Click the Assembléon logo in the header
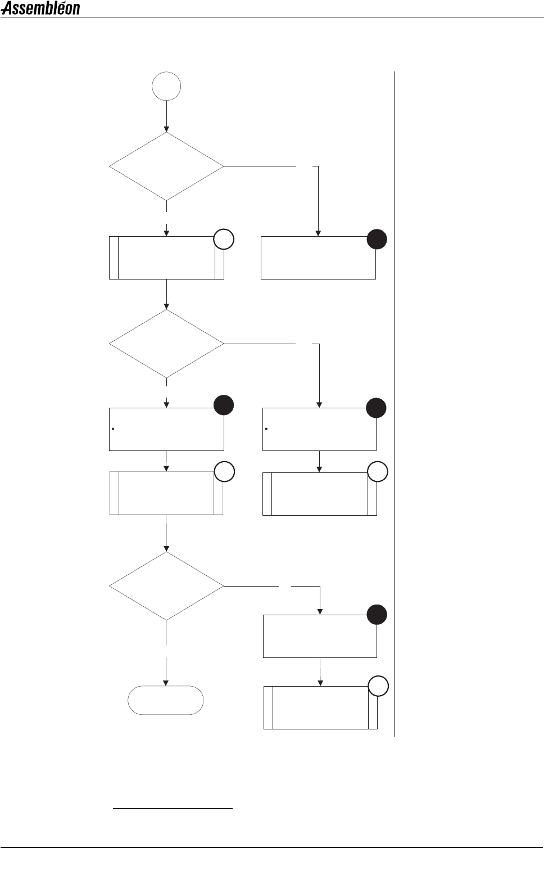coord(40,8)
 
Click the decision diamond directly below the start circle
coord(166,166)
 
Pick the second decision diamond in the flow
coord(166,344)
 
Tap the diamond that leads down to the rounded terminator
coord(166,586)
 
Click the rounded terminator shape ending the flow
coord(166,700)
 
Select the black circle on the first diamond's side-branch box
coord(377,240)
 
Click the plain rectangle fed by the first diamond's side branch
coord(318,258)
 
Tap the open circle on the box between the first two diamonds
coord(224,240)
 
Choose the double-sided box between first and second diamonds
coord(166,258)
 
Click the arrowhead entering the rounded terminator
coord(166,682)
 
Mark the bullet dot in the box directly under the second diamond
coord(114,429)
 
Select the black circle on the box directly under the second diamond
coord(224,405)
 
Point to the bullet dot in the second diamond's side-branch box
coord(266,429)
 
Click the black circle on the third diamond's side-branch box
coord(377,615)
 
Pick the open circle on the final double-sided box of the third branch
coord(378,686)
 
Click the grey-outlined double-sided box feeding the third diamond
coord(166,493)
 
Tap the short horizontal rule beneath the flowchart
coord(173,809)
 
